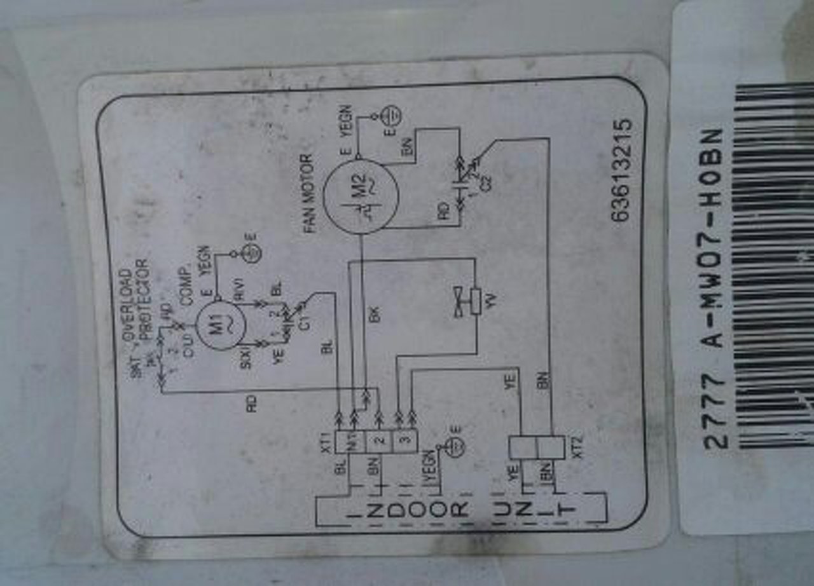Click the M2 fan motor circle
click(x=360, y=195)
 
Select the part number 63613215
click(x=621, y=170)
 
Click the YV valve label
click(x=490, y=299)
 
